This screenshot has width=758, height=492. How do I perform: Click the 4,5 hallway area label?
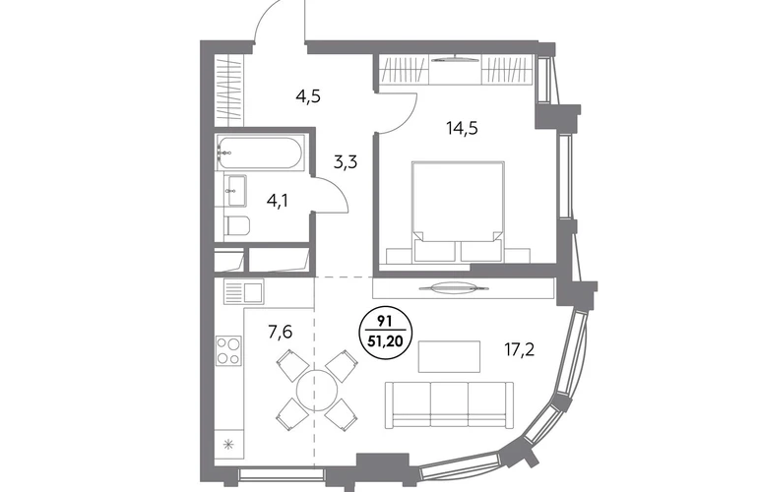click(x=308, y=96)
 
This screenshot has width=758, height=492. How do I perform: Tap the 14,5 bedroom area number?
click(x=462, y=129)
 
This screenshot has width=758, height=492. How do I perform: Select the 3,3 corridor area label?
click(x=346, y=162)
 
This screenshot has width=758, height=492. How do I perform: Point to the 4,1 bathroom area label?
click(x=277, y=200)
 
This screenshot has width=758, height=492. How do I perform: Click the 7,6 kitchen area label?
click(x=281, y=332)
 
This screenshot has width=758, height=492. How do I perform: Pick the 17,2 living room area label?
click(x=520, y=349)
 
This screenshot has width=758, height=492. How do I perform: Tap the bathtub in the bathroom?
click(x=260, y=153)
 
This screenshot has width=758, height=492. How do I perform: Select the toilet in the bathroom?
click(x=237, y=224)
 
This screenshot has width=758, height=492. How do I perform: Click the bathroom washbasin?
click(x=235, y=191)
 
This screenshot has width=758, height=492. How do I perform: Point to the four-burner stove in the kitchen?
click(x=228, y=350)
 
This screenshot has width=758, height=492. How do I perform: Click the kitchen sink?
click(x=244, y=291)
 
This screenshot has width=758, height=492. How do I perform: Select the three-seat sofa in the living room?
click(x=449, y=404)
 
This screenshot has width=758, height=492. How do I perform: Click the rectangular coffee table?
click(x=449, y=356)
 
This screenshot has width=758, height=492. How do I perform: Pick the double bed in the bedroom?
click(x=458, y=212)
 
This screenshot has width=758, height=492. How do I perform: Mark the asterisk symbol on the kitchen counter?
click(x=228, y=445)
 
